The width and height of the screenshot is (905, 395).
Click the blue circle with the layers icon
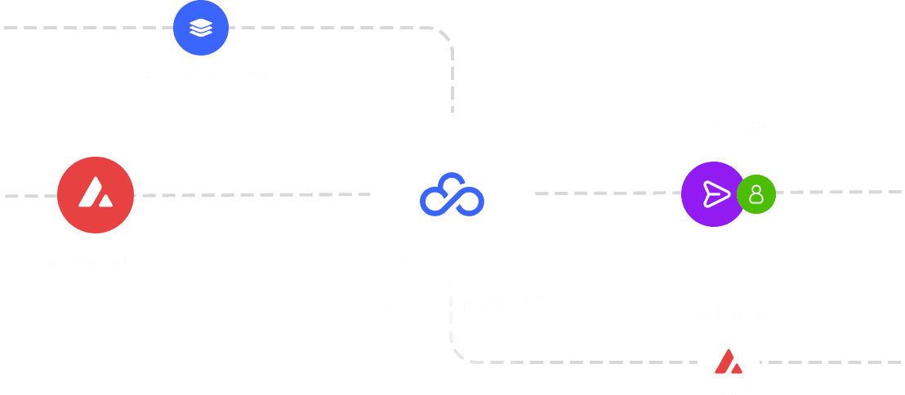200,28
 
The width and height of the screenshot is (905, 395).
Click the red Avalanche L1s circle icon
96,195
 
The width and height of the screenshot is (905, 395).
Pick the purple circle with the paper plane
711,194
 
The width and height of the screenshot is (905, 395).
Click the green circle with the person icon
756,194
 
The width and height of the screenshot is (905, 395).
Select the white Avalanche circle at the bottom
728,362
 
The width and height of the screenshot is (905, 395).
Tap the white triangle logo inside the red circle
96,193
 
